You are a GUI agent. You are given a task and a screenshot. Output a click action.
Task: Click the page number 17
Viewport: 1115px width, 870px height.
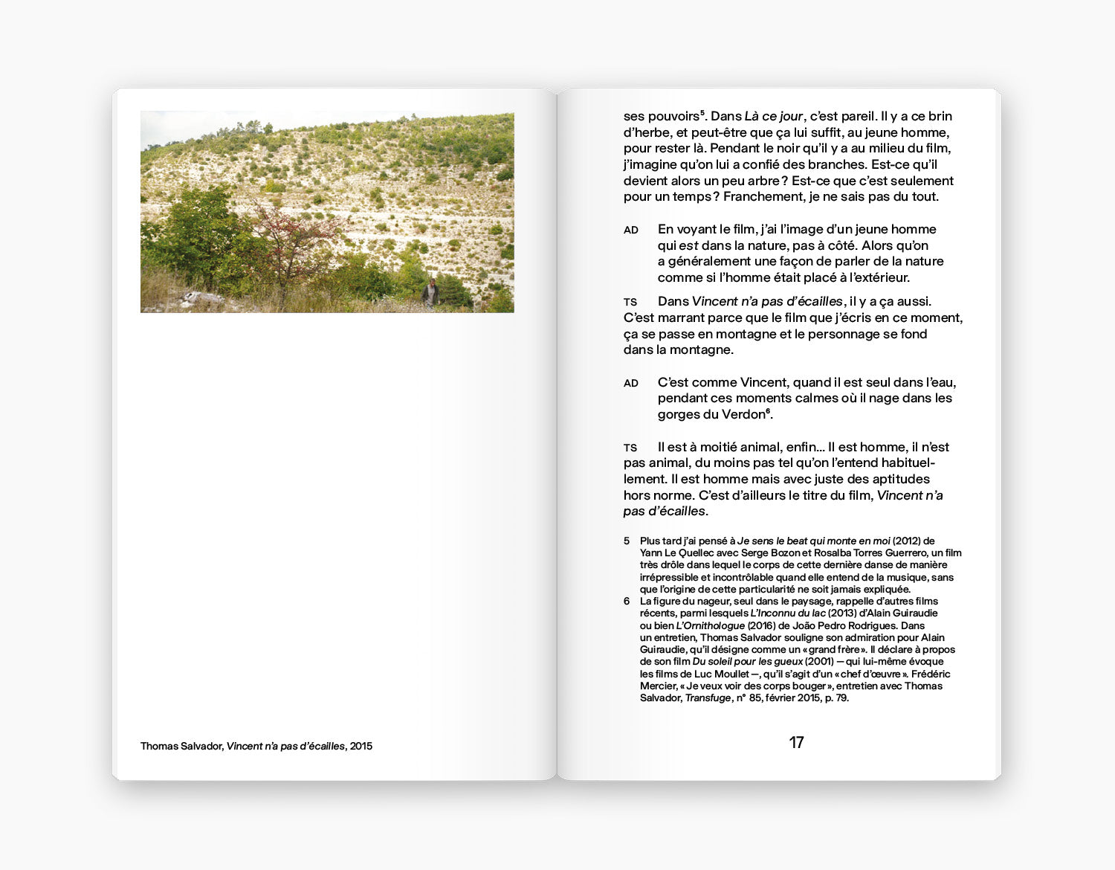pos(796,742)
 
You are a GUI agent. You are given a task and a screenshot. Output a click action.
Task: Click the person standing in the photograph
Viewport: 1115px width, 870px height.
pos(430,292)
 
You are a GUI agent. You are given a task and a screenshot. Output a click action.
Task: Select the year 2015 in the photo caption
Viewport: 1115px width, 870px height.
pos(361,746)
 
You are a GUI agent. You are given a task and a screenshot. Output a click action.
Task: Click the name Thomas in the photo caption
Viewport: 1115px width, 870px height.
pos(159,746)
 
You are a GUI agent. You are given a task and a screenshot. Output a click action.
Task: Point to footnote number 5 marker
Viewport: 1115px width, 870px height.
pos(627,541)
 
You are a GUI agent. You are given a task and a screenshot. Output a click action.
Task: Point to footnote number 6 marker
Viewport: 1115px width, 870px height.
pos(627,601)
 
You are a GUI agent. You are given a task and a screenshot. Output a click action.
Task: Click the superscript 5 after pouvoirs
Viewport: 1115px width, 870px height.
pos(702,113)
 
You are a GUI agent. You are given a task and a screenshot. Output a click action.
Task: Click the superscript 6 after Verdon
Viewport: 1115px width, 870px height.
pos(768,411)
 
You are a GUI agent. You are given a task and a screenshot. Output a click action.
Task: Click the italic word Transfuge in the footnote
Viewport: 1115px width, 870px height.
pos(708,698)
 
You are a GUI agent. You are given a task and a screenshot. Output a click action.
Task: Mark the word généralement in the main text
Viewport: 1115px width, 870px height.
pos(707,261)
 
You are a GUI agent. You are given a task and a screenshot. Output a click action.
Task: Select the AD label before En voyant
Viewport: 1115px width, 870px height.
pos(631,230)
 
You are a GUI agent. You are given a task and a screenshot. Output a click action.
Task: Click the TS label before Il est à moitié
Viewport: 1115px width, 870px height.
pos(630,448)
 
